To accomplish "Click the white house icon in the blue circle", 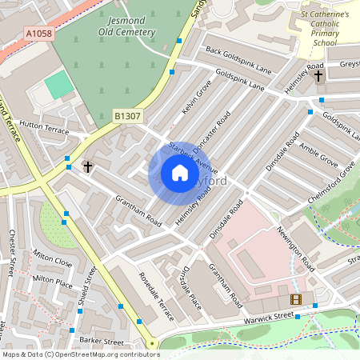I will (179, 174).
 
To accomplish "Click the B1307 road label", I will (126, 117).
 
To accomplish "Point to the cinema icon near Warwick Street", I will (297, 299).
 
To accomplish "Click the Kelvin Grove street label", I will (195, 96).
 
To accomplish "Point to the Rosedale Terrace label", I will (155, 296).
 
